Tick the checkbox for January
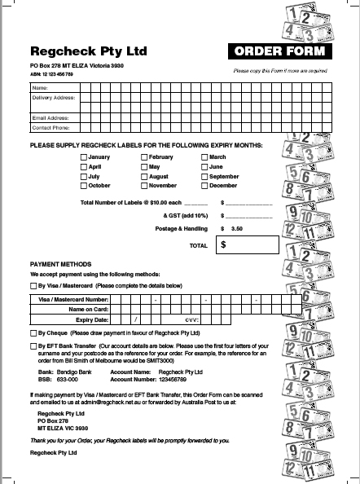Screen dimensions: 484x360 (83, 157)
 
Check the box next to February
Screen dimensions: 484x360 (144, 157)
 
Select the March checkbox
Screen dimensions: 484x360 (204, 157)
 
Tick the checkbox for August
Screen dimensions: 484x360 (144, 176)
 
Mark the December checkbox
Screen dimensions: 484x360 (204, 186)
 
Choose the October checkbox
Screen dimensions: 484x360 (83, 186)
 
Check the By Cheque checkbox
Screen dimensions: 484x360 (33, 333)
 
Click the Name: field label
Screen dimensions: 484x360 (39, 87)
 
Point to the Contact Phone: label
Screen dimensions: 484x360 (50, 127)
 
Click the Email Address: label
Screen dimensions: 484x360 (50, 117)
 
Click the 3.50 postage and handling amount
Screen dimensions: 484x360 (236, 229)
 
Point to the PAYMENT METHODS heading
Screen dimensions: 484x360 (59, 265)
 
